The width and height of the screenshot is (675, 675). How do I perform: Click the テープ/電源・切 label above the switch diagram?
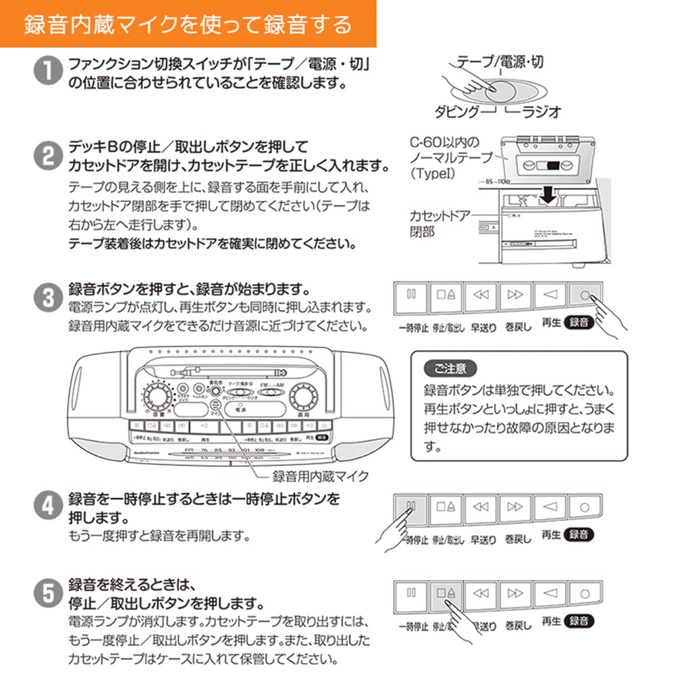[500, 63]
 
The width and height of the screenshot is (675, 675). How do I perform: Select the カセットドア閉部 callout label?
[439, 223]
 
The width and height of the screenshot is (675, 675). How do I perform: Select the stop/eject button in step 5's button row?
[446, 593]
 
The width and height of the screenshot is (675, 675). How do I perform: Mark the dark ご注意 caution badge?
[450, 369]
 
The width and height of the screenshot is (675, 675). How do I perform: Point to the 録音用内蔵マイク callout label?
[320, 477]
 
